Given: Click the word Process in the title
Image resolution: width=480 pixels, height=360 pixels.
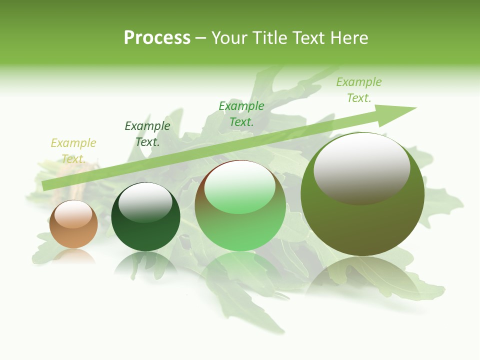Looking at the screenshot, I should tap(157, 38).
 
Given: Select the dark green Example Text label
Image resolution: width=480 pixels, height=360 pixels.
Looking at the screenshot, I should tap(147, 134).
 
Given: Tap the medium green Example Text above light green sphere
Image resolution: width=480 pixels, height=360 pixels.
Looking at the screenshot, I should tap(241, 114).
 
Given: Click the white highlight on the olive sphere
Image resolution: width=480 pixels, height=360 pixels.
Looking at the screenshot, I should tap(361, 167).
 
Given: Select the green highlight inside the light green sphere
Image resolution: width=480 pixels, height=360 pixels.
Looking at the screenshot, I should tap(240, 187).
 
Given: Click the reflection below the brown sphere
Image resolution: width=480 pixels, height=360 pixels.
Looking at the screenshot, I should tap(74, 256).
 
